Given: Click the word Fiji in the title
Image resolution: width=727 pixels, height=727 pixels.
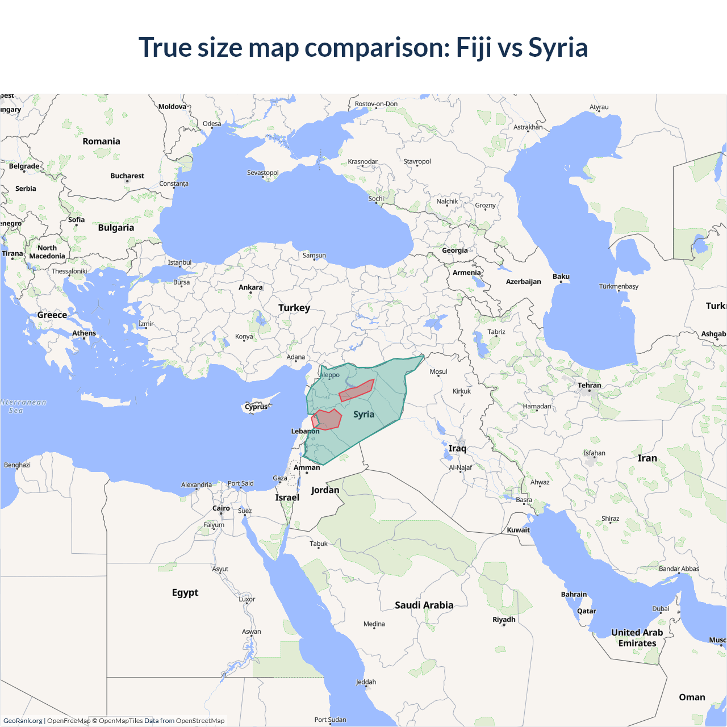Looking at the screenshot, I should click(474, 47).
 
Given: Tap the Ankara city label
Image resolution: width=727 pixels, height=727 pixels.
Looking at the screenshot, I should click(250, 287).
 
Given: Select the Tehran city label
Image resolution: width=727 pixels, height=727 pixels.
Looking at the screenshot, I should click(590, 385).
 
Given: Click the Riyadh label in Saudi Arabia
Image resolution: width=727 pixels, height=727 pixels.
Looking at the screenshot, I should click(504, 619).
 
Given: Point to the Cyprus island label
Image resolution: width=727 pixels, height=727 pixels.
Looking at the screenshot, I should click(256, 407).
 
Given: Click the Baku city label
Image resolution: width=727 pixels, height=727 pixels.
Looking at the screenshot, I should click(561, 277).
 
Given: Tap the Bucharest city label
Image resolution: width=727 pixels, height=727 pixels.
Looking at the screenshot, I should click(127, 176).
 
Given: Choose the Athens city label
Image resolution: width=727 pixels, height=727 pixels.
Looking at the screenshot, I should click(84, 333).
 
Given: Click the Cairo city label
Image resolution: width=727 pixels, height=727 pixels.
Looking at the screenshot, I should click(222, 508).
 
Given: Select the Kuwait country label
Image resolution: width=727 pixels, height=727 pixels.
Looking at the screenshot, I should click(518, 530).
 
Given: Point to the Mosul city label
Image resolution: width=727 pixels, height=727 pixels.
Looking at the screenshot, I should click(438, 371).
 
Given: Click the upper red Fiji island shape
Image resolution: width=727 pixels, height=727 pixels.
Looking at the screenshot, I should click(357, 391).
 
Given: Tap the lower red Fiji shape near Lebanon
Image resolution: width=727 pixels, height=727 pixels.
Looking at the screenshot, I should click(327, 420).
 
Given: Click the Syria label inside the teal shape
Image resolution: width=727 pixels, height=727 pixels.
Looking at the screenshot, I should click(363, 414).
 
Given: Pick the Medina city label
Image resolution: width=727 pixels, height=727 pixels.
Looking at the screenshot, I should click(374, 624).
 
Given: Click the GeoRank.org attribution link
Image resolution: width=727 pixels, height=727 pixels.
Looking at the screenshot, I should click(23, 721).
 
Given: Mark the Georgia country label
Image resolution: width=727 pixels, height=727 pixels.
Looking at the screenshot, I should click(455, 250).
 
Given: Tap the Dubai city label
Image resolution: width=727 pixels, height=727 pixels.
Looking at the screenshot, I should click(661, 608).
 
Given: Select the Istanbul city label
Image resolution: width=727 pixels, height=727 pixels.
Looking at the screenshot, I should click(179, 262).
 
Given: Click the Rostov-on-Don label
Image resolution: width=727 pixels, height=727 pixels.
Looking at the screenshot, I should click(376, 104).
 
